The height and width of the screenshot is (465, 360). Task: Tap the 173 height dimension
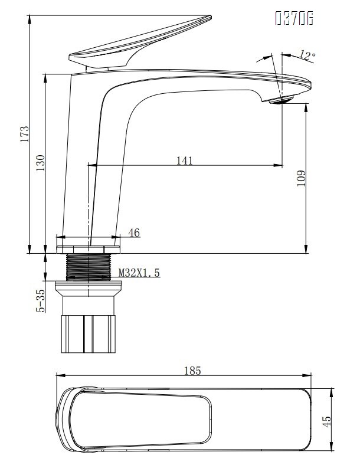(x=24, y=134)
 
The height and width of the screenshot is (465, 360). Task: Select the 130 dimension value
(x=40, y=163)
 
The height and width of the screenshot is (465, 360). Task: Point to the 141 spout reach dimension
(x=184, y=161)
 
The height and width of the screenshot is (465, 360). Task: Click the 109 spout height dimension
(x=300, y=178)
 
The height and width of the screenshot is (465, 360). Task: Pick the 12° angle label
(x=307, y=55)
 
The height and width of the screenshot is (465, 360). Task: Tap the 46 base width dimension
(x=134, y=233)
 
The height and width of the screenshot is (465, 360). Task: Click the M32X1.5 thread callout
(x=139, y=273)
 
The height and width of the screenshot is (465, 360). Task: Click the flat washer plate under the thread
(x=88, y=287)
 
